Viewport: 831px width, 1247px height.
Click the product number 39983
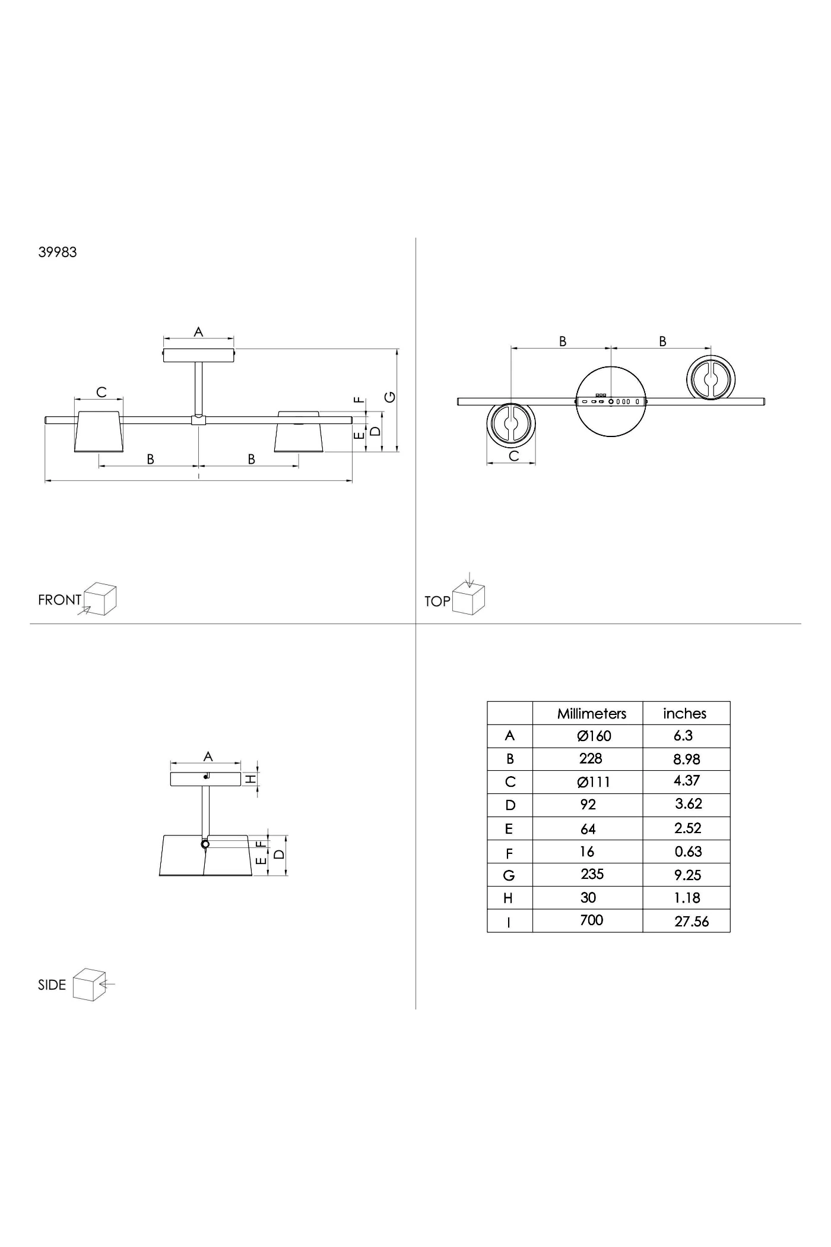(x=58, y=252)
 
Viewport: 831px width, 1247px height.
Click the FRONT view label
(x=59, y=600)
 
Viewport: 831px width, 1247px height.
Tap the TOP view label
(x=437, y=602)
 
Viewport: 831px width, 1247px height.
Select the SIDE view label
(x=52, y=985)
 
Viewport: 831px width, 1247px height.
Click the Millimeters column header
(x=591, y=714)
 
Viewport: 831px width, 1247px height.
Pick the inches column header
(x=684, y=714)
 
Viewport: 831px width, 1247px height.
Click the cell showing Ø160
(x=594, y=736)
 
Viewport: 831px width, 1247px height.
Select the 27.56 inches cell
(x=692, y=922)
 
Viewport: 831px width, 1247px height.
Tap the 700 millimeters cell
(x=591, y=920)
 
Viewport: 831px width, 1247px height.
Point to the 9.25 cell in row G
(x=688, y=875)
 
